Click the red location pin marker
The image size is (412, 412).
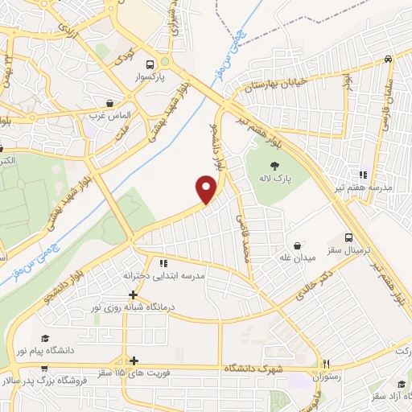207,190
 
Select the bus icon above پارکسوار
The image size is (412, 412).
149,65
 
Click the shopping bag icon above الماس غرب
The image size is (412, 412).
109,103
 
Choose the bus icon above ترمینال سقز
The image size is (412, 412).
348,237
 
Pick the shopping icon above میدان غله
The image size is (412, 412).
298,245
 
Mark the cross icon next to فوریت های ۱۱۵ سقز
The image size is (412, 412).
134,360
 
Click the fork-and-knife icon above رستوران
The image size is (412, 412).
326,363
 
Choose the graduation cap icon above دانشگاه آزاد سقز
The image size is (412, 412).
401,385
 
